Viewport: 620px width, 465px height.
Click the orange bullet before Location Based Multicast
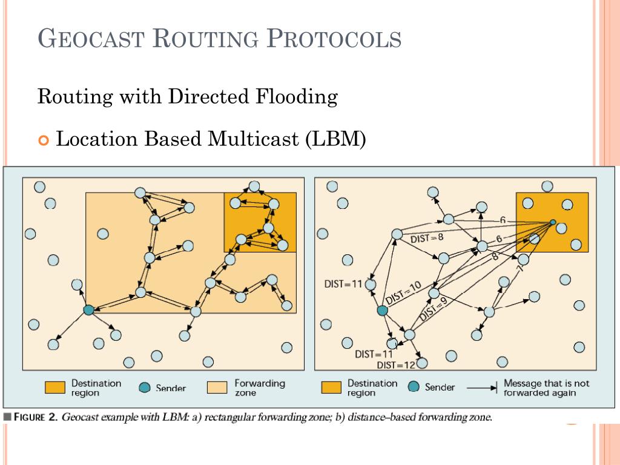point(42,140)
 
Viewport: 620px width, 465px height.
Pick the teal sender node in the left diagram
point(88,310)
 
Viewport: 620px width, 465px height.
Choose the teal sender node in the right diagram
point(382,310)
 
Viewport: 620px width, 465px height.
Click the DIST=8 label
point(427,238)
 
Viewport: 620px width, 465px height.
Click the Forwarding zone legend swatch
point(217,387)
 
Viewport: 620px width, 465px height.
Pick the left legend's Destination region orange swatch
point(54,387)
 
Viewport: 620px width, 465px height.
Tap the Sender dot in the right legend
point(414,387)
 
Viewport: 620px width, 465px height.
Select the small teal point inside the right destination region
point(552,223)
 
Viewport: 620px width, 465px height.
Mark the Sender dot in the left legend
point(144,388)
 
